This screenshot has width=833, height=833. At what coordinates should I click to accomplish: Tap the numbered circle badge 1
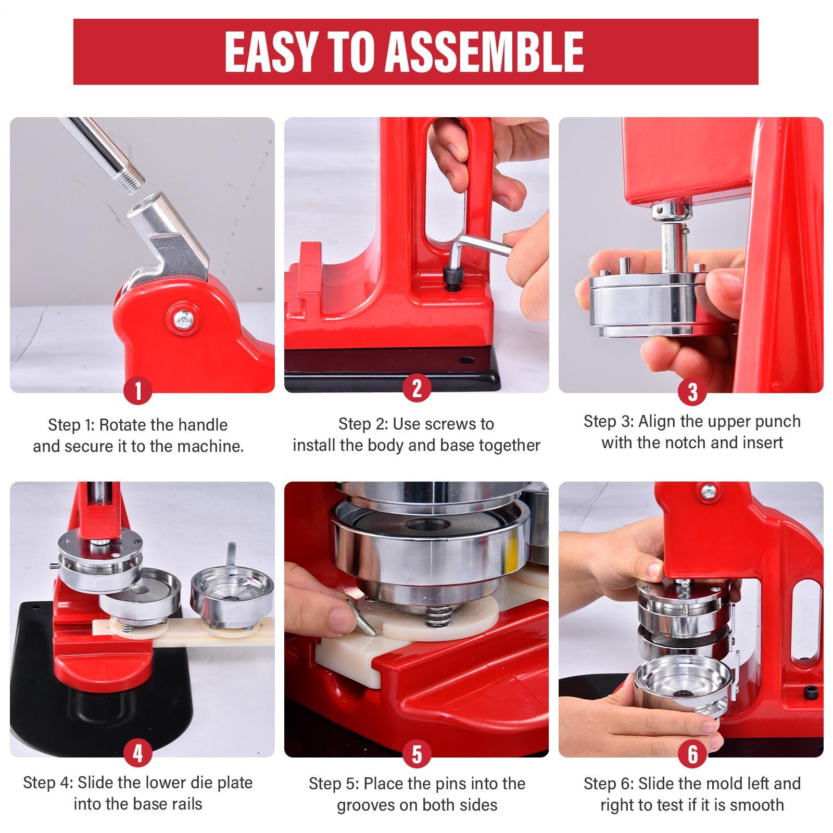pos(138,390)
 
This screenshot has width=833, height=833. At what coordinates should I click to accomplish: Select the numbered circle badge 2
pos(416,388)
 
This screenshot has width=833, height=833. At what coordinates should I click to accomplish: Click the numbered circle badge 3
pos(692,392)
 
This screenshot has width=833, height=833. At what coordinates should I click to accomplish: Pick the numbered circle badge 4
pos(138,753)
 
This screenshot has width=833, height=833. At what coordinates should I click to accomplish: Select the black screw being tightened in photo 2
pos(452,275)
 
